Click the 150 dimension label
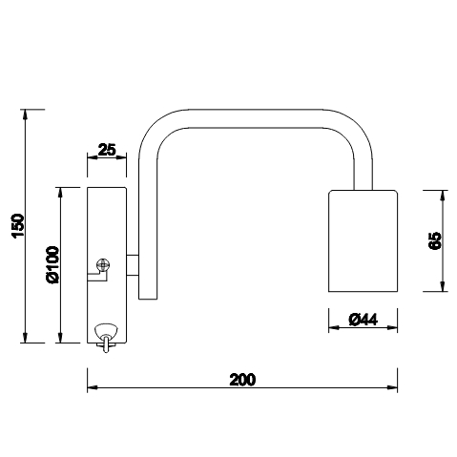pyautogui.click(x=18, y=225)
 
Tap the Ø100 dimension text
pyautogui.click(x=52, y=264)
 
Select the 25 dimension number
pyautogui.click(x=107, y=150)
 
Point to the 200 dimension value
pyautogui.click(x=242, y=380)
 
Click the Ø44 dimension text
pyautogui.click(x=363, y=320)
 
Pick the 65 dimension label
pyautogui.click(x=435, y=240)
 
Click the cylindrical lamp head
pyautogui.click(x=363, y=240)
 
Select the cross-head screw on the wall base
pyautogui.click(x=103, y=264)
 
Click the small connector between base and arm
pyautogui.click(x=133, y=264)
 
